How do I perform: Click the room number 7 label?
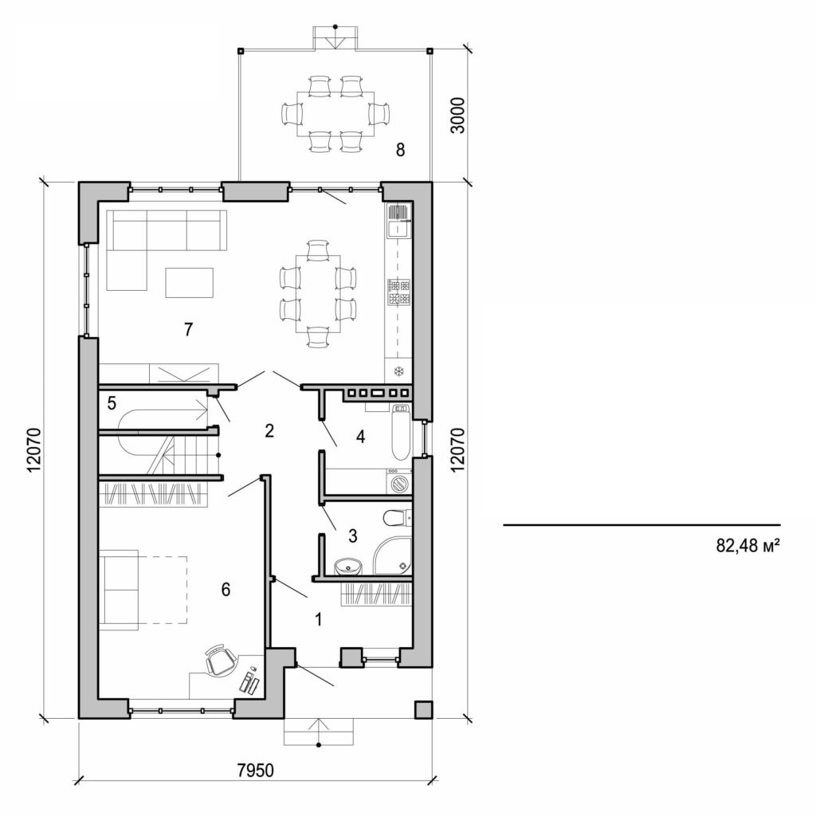(188, 329)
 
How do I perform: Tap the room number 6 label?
(226, 590)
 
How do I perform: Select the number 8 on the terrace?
(401, 149)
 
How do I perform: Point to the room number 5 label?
(112, 402)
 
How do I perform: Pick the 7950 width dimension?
(257, 770)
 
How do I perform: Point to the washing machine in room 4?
(398, 482)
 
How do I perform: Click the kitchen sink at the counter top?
(397, 222)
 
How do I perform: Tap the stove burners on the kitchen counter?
(398, 292)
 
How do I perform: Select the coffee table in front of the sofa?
(190, 283)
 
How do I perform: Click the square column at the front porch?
(423, 709)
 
